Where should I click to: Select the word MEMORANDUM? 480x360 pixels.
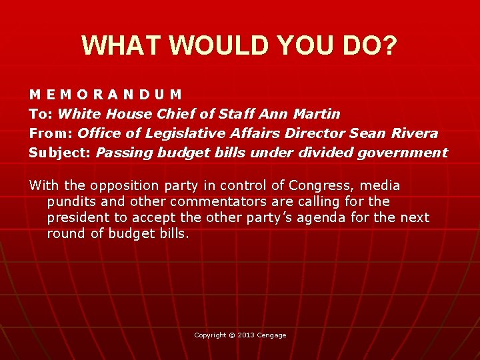pos(105,95)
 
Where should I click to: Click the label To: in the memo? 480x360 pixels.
pos(41,114)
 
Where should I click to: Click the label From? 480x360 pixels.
pos(51,133)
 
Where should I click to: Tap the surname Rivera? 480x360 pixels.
pos(414,133)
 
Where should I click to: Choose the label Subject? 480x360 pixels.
pos(60,153)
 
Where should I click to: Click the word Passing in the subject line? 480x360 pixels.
pos(125,153)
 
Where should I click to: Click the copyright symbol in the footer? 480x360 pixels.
pos(231,335)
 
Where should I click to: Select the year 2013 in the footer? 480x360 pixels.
pos(247,335)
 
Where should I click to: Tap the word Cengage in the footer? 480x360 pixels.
pos(272,335)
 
